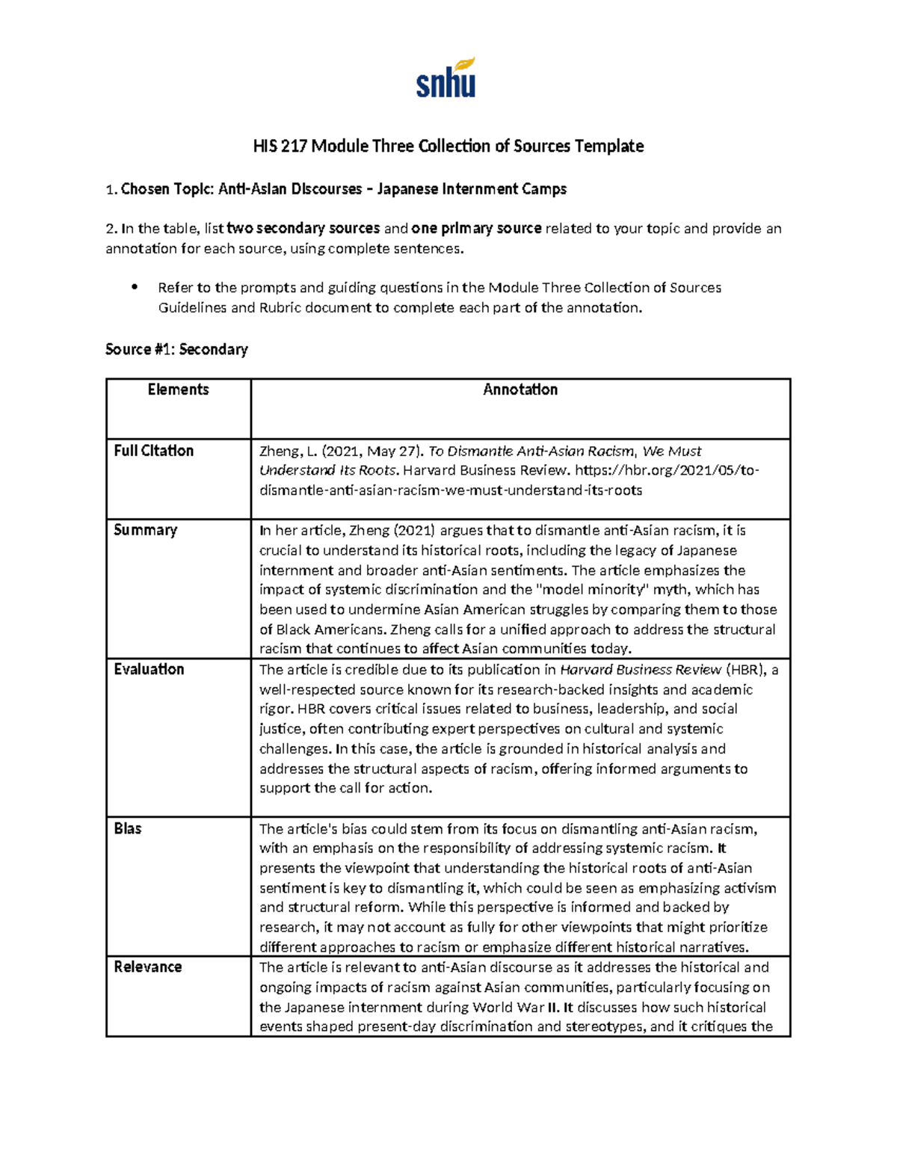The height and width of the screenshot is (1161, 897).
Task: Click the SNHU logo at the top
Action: click(446, 78)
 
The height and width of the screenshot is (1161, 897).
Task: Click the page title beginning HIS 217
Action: click(448, 146)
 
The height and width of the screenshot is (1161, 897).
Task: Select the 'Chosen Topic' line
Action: click(336, 189)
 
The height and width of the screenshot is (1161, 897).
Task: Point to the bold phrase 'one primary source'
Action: click(476, 229)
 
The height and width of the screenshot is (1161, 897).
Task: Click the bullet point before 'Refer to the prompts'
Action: click(135, 287)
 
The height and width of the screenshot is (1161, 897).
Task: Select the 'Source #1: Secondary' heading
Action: click(176, 349)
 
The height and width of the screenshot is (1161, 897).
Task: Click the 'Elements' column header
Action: click(178, 389)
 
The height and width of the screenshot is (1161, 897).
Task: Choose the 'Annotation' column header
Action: click(520, 389)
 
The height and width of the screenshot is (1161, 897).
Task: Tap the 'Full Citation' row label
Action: click(153, 451)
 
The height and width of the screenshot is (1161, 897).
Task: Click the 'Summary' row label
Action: click(145, 530)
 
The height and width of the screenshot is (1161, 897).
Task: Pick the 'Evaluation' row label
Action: click(149, 669)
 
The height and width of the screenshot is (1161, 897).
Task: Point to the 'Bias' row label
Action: click(128, 828)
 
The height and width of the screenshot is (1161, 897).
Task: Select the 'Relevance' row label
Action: click(147, 967)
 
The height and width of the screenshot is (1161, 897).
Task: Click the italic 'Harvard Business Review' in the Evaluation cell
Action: click(641, 670)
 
